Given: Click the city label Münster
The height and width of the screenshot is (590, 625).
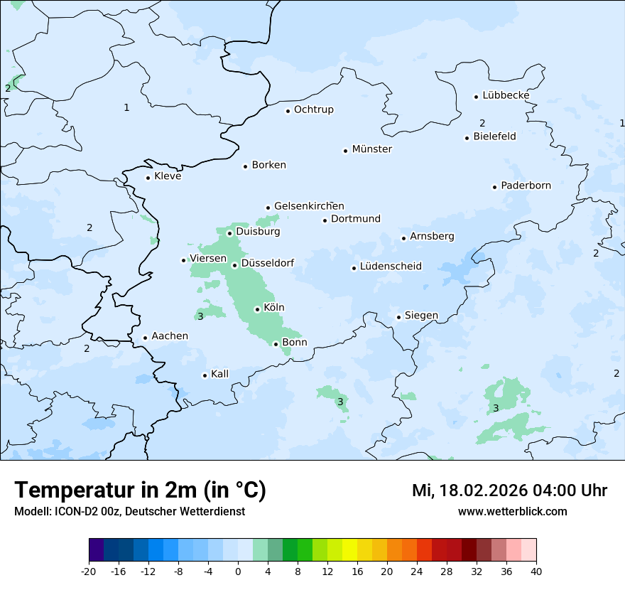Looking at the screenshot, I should point(371,149).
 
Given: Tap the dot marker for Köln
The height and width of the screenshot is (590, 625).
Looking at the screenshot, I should point(257,309).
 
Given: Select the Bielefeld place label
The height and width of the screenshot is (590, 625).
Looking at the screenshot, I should point(494,136).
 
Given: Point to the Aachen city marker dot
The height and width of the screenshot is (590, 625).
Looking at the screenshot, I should point(145,338).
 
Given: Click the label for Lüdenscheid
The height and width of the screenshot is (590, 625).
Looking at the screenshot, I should point(391,267).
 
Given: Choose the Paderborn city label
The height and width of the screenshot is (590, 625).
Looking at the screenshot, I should point(526,186).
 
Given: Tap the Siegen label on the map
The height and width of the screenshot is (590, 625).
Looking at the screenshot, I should point(421,316).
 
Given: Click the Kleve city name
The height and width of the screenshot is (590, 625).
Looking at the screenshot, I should point(168,176).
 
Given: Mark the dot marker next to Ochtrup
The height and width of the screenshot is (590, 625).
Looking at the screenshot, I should point(288,111).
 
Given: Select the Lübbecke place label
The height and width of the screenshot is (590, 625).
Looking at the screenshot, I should point(506,95).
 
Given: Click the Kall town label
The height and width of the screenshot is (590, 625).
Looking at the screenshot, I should point(219,374).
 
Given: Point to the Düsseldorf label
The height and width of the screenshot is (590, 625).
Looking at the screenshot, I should point(267,263).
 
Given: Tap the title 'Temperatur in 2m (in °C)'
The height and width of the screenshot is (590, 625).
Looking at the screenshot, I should point(140,490).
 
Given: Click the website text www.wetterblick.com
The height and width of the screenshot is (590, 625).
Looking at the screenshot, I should point(512,511).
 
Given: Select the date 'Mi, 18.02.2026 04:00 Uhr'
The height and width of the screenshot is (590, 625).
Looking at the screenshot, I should point(509,490).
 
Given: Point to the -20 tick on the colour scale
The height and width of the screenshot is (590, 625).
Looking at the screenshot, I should point(89,572).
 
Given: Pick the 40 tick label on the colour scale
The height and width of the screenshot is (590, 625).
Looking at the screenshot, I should point(536,572).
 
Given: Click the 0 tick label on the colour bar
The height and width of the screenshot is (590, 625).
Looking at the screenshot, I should point(238,572).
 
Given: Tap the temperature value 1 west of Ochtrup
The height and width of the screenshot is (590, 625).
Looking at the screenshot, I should point(126,108).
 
